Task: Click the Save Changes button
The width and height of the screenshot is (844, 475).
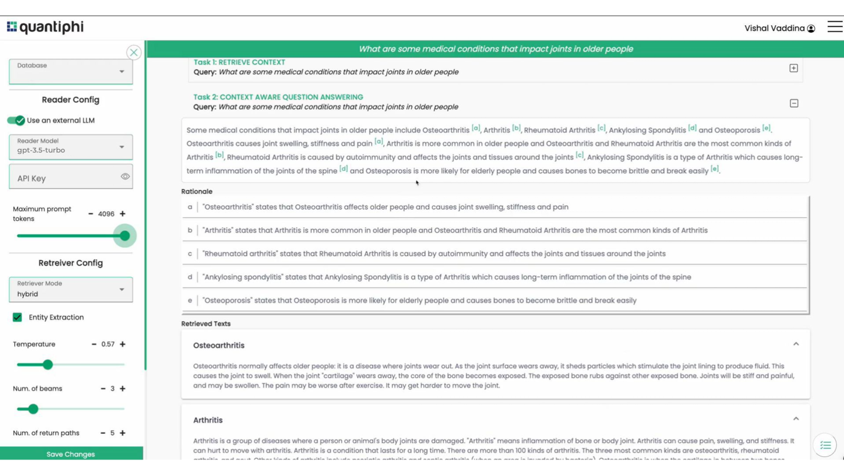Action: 71,454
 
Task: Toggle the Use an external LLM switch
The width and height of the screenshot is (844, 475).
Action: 16,120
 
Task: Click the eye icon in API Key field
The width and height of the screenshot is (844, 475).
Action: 125,176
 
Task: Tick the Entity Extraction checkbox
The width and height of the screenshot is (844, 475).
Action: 17,317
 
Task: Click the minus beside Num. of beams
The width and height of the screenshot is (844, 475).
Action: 103,388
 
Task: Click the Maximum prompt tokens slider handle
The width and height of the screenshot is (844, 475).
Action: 125,236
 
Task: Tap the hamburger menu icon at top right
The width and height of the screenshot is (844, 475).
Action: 834,27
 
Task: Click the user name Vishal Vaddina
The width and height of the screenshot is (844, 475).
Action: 774,28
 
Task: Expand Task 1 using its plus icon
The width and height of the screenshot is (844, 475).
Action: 793,68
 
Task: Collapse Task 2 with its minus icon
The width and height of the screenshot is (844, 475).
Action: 794,103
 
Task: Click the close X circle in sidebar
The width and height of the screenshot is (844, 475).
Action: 134,53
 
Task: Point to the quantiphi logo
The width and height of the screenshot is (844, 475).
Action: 45,27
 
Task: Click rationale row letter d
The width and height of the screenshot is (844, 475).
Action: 190,277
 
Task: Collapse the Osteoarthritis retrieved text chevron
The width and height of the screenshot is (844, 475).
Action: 796,344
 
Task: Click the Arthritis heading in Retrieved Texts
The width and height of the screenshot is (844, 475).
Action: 208,420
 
